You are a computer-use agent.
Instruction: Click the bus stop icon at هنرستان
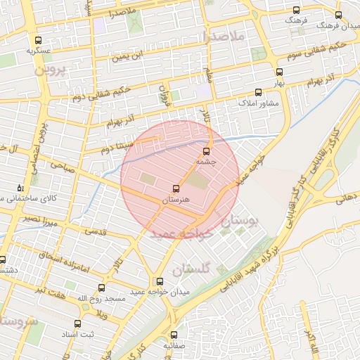coord(175,188)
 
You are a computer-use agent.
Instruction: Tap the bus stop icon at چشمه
coord(206,150)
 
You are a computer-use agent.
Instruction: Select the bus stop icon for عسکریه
coord(37,39)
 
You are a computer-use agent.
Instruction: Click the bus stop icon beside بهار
coord(279,72)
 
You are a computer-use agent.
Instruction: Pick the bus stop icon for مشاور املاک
coord(258,92)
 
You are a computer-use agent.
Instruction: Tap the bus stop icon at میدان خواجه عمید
coord(160,281)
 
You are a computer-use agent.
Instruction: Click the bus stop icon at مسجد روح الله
coord(101,288)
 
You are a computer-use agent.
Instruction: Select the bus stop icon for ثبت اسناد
coord(77,324)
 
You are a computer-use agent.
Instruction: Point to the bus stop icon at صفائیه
coord(174,335)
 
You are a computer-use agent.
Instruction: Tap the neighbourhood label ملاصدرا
coord(222,34)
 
